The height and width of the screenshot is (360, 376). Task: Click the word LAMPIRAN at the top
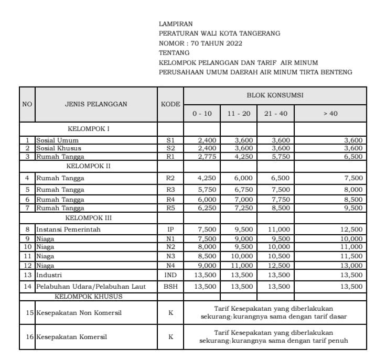pyautogui.click(x=175, y=24)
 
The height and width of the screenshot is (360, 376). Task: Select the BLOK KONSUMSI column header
pyautogui.click(x=275, y=95)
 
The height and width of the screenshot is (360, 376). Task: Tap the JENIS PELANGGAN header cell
pyautogui.click(x=96, y=104)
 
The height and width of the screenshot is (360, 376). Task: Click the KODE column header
pyautogui.click(x=170, y=104)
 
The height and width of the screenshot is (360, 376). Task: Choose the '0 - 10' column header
pyautogui.click(x=202, y=114)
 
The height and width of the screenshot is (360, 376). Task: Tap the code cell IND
pyautogui.click(x=170, y=275)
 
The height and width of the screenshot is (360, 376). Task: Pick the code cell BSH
pyautogui.click(x=170, y=287)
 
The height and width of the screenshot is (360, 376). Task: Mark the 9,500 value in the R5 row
pyautogui.click(x=352, y=208)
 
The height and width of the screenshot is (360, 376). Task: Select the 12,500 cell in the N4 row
pyautogui.click(x=275, y=266)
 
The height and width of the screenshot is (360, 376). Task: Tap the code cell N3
pyautogui.click(x=170, y=257)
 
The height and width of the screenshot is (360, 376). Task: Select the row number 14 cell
pyautogui.click(x=27, y=287)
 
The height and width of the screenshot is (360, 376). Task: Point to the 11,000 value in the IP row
pyautogui.click(x=275, y=230)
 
